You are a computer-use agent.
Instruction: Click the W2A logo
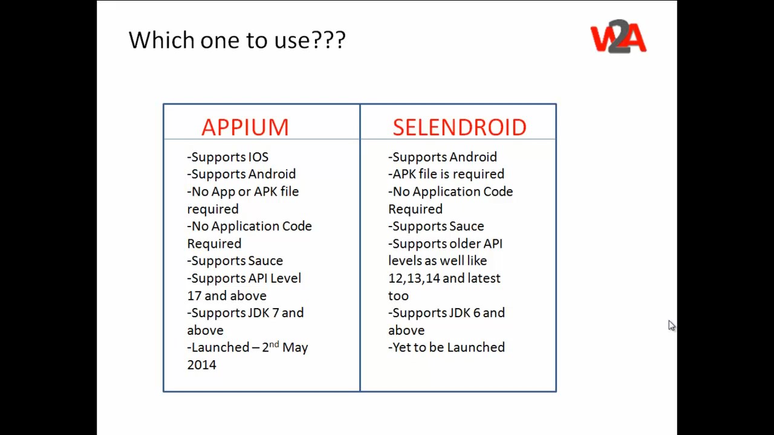pos(618,36)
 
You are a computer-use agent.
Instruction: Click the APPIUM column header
pos(245,127)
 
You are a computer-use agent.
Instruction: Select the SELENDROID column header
pos(460,127)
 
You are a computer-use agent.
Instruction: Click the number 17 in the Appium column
pos(194,296)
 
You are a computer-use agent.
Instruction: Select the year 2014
pos(202,365)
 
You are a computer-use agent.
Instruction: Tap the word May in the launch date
pos(295,348)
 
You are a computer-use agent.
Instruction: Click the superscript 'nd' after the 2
pos(274,344)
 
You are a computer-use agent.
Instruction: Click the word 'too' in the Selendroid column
pos(398,296)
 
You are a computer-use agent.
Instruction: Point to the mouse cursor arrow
pos(671,325)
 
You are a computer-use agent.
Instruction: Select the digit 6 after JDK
pos(477,313)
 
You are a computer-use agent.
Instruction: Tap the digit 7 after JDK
pos(275,313)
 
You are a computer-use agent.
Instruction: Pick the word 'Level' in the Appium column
pos(286,279)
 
